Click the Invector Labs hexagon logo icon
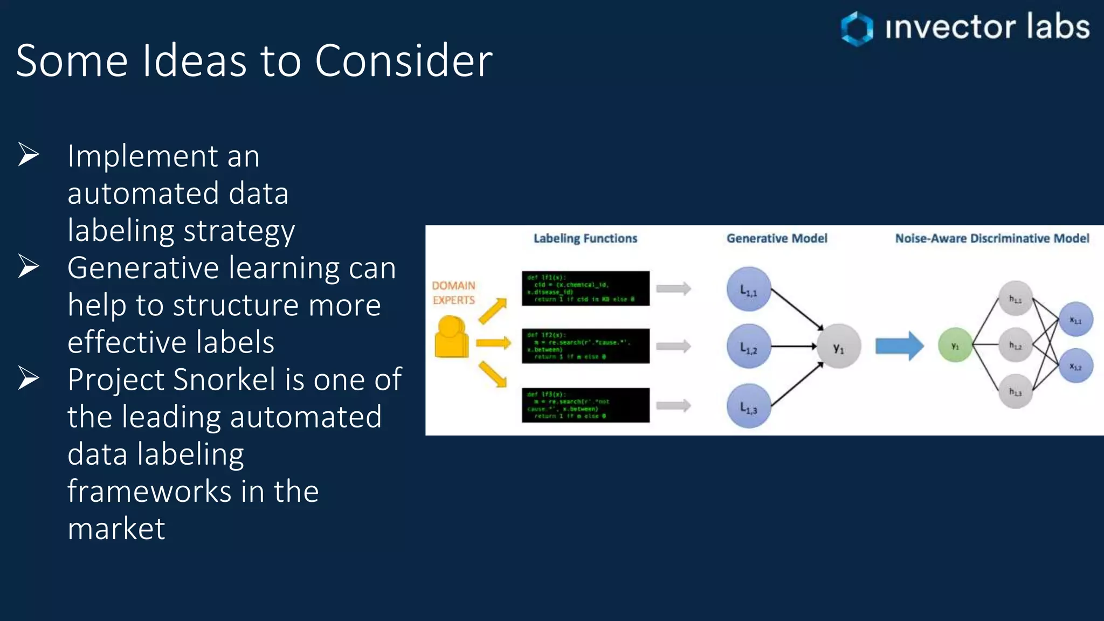(857, 28)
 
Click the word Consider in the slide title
(403, 60)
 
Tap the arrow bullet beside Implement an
(29, 155)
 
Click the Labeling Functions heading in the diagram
(585, 238)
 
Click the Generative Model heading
(776, 238)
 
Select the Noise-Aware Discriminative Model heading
(991, 238)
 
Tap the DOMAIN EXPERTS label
(453, 293)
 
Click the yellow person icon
(451, 337)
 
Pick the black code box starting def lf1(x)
(585, 288)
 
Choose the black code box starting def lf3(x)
(585, 405)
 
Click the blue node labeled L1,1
(748, 289)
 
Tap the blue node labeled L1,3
(748, 406)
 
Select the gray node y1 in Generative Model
(838, 347)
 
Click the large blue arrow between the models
(899, 346)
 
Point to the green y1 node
(955, 346)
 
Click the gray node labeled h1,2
(1015, 345)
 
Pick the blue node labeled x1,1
(1075, 319)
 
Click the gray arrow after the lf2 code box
(673, 346)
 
